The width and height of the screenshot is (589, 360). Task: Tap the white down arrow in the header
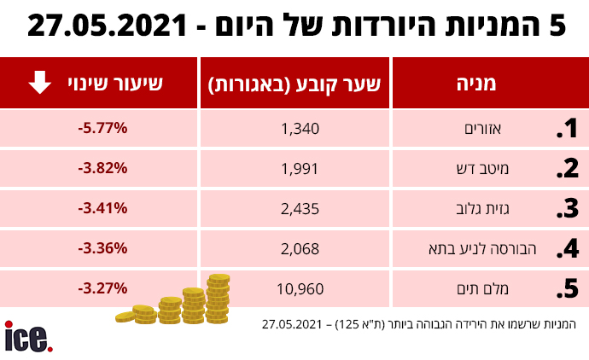pos(39,83)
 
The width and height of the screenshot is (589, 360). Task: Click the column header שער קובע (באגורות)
pos(294,84)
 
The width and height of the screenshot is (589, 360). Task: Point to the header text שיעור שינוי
pos(120,83)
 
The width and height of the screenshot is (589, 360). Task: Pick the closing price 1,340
pos(299,129)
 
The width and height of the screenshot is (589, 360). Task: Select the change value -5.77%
pos(101,129)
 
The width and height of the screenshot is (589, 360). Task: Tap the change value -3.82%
pos(101,169)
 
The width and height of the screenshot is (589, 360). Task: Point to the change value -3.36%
pos(101,248)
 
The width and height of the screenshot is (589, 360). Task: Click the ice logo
pos(28,337)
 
